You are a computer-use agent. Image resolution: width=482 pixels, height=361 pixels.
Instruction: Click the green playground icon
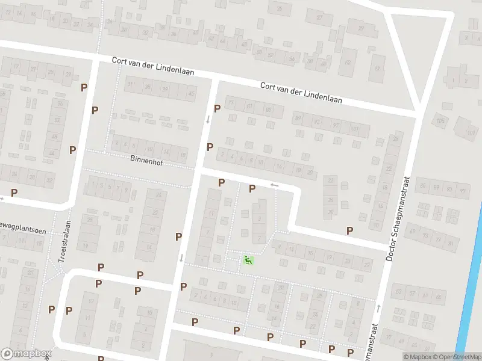click(248, 260)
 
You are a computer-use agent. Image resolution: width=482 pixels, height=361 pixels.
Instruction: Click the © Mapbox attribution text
click(417, 356)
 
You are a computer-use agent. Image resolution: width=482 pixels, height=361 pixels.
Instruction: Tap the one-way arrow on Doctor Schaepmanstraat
click(378, 308)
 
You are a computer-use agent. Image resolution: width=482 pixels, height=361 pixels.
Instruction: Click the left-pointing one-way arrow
click(274, 185)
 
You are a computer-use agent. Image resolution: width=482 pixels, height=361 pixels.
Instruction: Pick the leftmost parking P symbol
click(14, 193)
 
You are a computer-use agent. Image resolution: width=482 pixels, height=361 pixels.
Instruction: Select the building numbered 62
click(347, 62)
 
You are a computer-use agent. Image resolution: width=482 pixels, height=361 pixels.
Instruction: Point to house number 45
click(192, 94)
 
